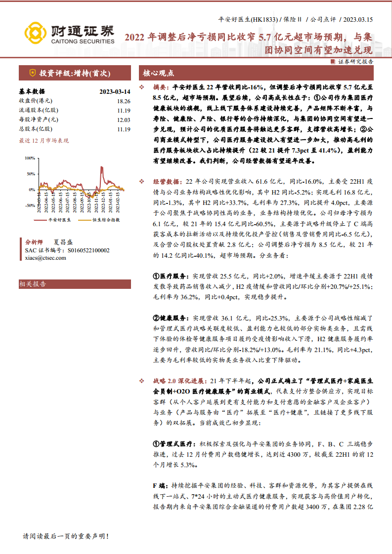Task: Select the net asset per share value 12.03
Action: click(x=123, y=120)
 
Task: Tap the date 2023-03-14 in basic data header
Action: click(x=114, y=91)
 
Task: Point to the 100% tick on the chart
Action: click(x=30, y=158)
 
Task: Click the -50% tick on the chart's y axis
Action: click(x=30, y=205)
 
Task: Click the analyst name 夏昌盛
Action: click(x=63, y=242)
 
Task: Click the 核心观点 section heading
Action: click(x=159, y=73)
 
